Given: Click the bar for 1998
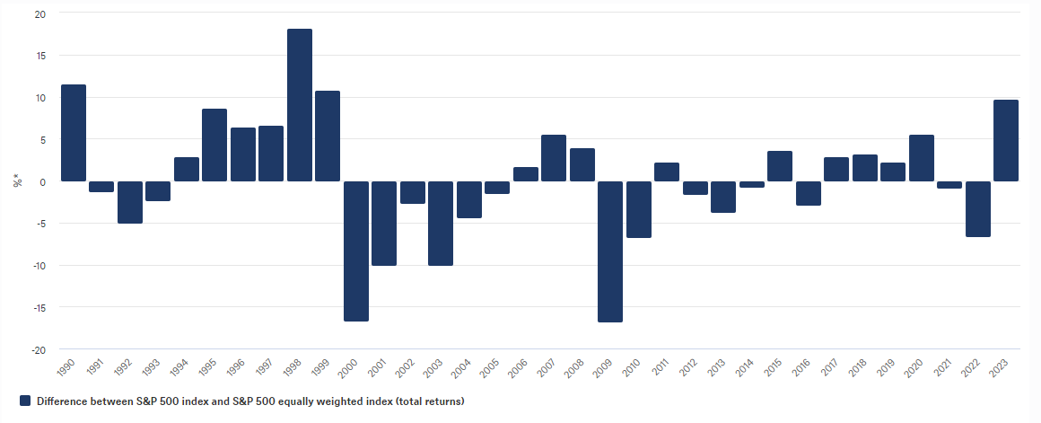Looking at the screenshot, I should click(x=300, y=105).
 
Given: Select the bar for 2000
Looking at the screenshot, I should click(x=356, y=251).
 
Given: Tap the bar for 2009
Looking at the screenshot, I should click(x=610, y=251).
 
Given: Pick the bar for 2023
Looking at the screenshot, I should click(x=1006, y=140).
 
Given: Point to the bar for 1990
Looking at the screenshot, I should click(x=74, y=133).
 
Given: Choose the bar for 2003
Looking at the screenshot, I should click(x=441, y=223).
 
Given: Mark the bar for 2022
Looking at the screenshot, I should click(x=978, y=208).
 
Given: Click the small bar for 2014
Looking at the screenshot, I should click(x=752, y=184).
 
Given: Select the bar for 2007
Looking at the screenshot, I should click(x=554, y=158).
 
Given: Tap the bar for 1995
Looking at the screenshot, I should click(x=214, y=145).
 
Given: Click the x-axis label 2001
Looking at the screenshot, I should click(x=377, y=366).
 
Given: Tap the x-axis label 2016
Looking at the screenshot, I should click(x=801, y=366).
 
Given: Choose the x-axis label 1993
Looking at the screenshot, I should click(x=152, y=366).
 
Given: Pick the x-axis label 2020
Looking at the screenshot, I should click(x=914, y=366).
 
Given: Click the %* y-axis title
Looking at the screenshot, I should click(x=16, y=181).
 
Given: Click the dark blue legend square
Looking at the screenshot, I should click(x=25, y=401).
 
